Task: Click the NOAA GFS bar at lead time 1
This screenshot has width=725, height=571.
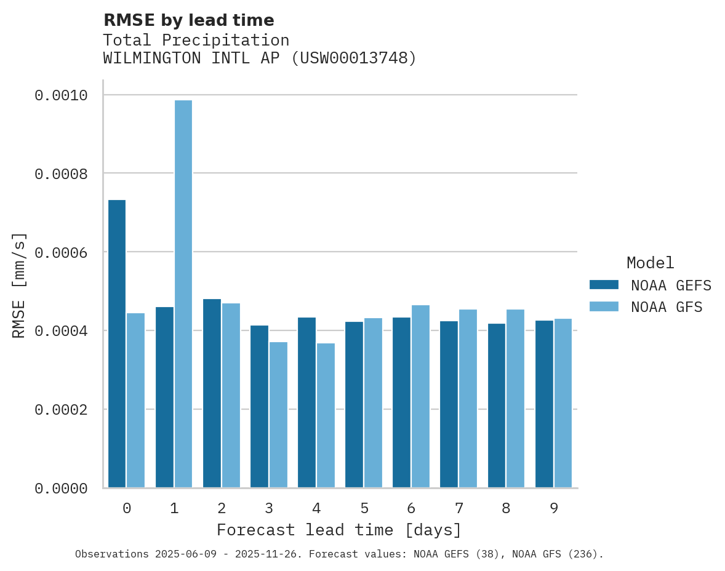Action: click(x=183, y=294)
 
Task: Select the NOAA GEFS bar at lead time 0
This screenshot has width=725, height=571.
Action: click(x=117, y=343)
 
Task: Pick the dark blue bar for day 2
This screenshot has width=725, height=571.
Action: click(x=212, y=393)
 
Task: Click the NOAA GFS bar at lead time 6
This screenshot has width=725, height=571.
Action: click(x=420, y=396)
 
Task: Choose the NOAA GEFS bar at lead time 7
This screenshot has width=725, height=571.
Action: click(x=449, y=404)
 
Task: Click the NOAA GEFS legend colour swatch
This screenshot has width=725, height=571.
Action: click(x=604, y=285)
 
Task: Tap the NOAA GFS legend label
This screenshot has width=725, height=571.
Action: click(x=666, y=306)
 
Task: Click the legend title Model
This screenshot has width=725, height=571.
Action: click(x=650, y=263)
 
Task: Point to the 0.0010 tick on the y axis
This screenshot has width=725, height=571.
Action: click(x=61, y=95)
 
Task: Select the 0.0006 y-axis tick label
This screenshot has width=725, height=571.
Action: click(x=61, y=252)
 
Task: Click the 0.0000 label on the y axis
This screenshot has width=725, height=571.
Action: click(x=61, y=489)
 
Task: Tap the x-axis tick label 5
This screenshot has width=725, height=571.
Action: click(x=364, y=508)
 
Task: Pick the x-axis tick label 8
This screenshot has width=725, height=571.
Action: click(x=506, y=508)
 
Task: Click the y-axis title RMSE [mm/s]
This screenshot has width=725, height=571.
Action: click(x=19, y=285)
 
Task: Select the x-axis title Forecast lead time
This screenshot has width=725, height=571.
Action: click(x=339, y=530)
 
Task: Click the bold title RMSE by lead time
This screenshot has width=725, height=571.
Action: click(x=188, y=20)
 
